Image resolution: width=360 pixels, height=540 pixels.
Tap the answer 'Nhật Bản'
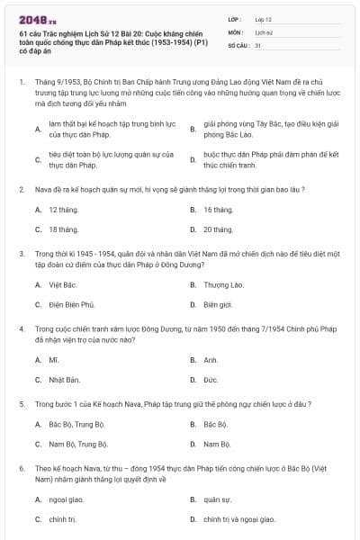tap(65, 380)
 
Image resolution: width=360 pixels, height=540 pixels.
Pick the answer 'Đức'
tap(211, 380)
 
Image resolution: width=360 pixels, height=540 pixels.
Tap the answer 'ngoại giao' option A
tap(67, 499)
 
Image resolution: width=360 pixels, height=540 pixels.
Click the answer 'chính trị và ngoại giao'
tap(237, 519)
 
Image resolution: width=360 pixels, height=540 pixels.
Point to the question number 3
tap(21, 255)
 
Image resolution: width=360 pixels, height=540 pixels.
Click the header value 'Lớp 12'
tap(264, 19)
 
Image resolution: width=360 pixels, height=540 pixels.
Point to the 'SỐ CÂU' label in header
tap(238, 44)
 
